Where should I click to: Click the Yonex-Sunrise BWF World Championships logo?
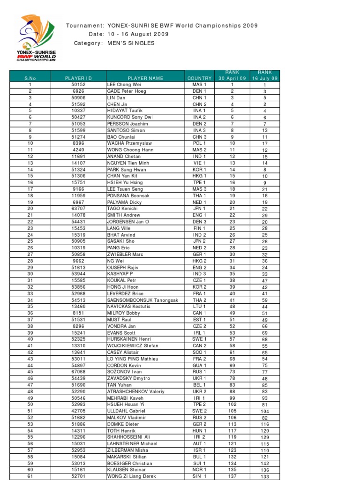(36, 39)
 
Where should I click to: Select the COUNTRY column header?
(200, 78)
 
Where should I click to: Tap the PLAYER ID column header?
(78, 78)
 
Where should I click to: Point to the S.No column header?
(30, 78)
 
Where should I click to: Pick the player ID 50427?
(78, 117)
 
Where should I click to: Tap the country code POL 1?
(200, 143)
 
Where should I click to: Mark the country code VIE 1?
(200, 163)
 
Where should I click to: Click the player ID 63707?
(78, 209)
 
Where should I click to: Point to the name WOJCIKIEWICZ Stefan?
(133, 345)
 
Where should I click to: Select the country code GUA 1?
(200, 365)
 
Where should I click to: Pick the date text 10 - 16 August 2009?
(135, 34)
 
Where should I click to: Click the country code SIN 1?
(200, 476)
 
